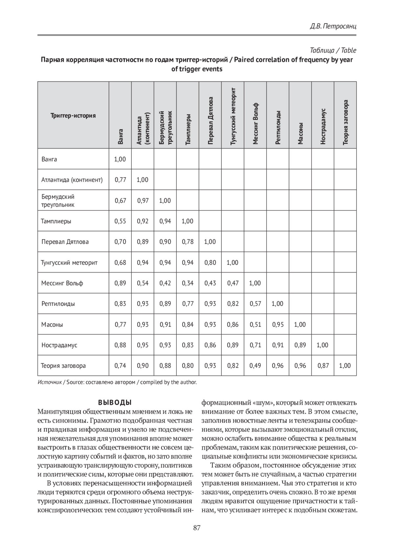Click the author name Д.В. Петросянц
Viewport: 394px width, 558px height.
(333, 26)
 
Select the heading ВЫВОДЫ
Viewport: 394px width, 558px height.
(115, 402)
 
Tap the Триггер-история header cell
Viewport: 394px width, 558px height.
(73, 115)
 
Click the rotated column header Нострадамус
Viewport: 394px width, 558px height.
(323, 126)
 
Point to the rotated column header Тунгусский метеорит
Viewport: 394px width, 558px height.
(233, 116)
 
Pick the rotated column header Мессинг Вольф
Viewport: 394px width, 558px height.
(255, 124)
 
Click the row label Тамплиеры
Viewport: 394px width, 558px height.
(56, 221)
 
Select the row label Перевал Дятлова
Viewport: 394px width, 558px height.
(65, 242)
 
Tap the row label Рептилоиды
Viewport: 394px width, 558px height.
(58, 303)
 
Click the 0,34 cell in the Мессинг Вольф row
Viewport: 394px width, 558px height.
(187, 283)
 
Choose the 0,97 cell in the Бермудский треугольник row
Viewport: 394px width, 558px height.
(143, 201)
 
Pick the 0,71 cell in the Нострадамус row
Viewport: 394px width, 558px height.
(255, 345)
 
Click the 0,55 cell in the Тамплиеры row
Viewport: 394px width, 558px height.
(120, 221)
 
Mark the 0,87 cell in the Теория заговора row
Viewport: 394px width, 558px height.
(323, 366)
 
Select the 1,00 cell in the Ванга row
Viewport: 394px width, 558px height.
(120, 159)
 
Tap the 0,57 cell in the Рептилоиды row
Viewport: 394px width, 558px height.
(255, 303)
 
